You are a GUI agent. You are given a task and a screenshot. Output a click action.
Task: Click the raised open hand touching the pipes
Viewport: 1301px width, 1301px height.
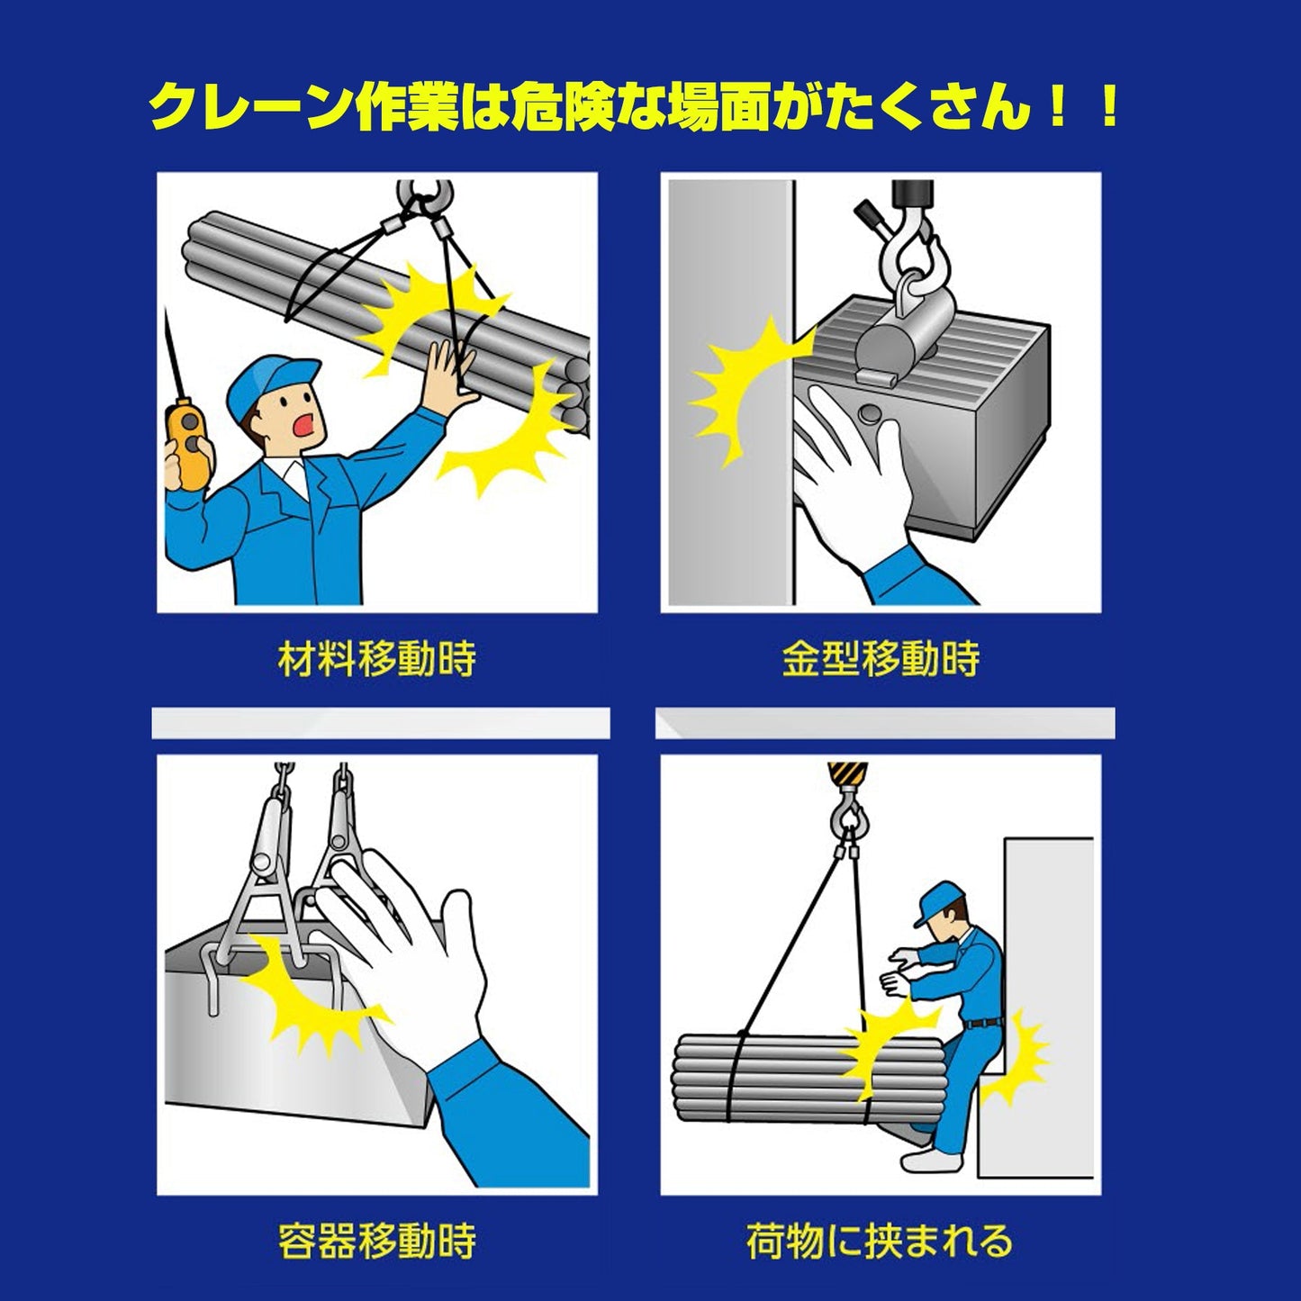click(450, 371)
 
